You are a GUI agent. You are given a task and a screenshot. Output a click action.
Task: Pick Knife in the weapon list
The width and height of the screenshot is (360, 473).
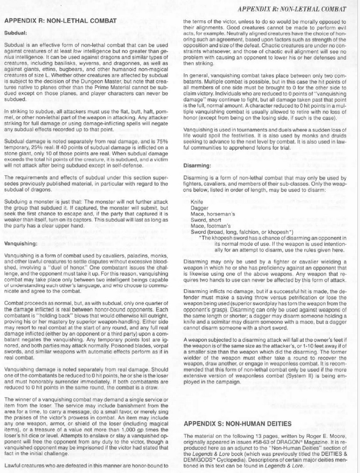[196, 202]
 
